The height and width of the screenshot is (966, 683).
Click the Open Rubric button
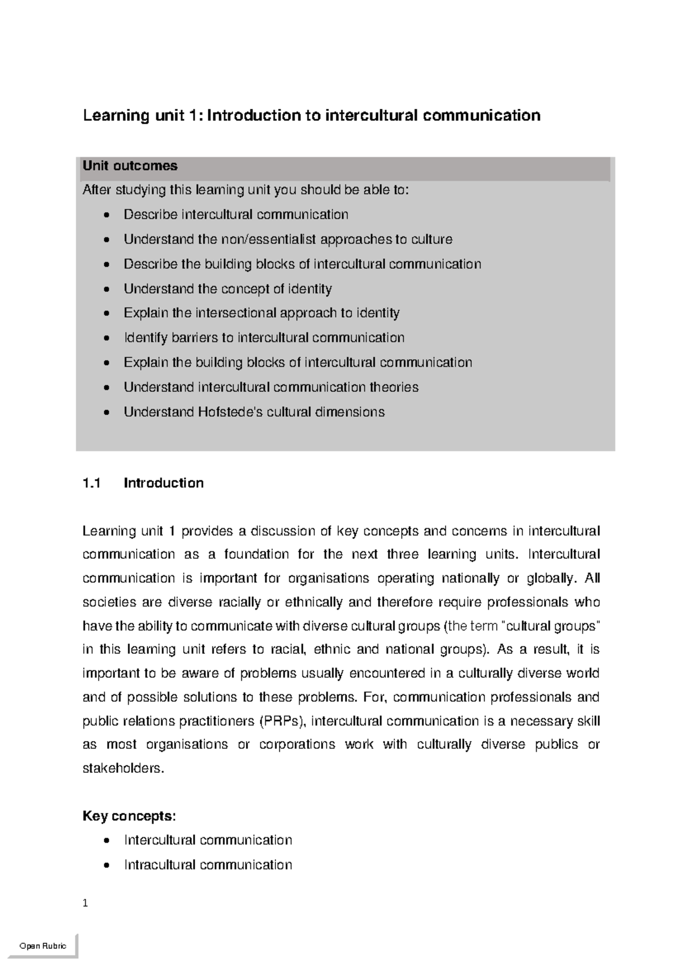(43, 946)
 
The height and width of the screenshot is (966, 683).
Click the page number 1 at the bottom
(85, 903)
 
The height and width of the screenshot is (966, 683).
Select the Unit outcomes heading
(130, 166)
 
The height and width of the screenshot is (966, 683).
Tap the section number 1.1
(91, 483)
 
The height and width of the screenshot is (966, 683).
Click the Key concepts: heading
(129, 816)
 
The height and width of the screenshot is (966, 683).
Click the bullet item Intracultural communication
(208, 865)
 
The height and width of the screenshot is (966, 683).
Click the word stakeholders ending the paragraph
(122, 768)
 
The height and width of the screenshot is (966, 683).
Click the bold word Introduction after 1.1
(163, 483)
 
